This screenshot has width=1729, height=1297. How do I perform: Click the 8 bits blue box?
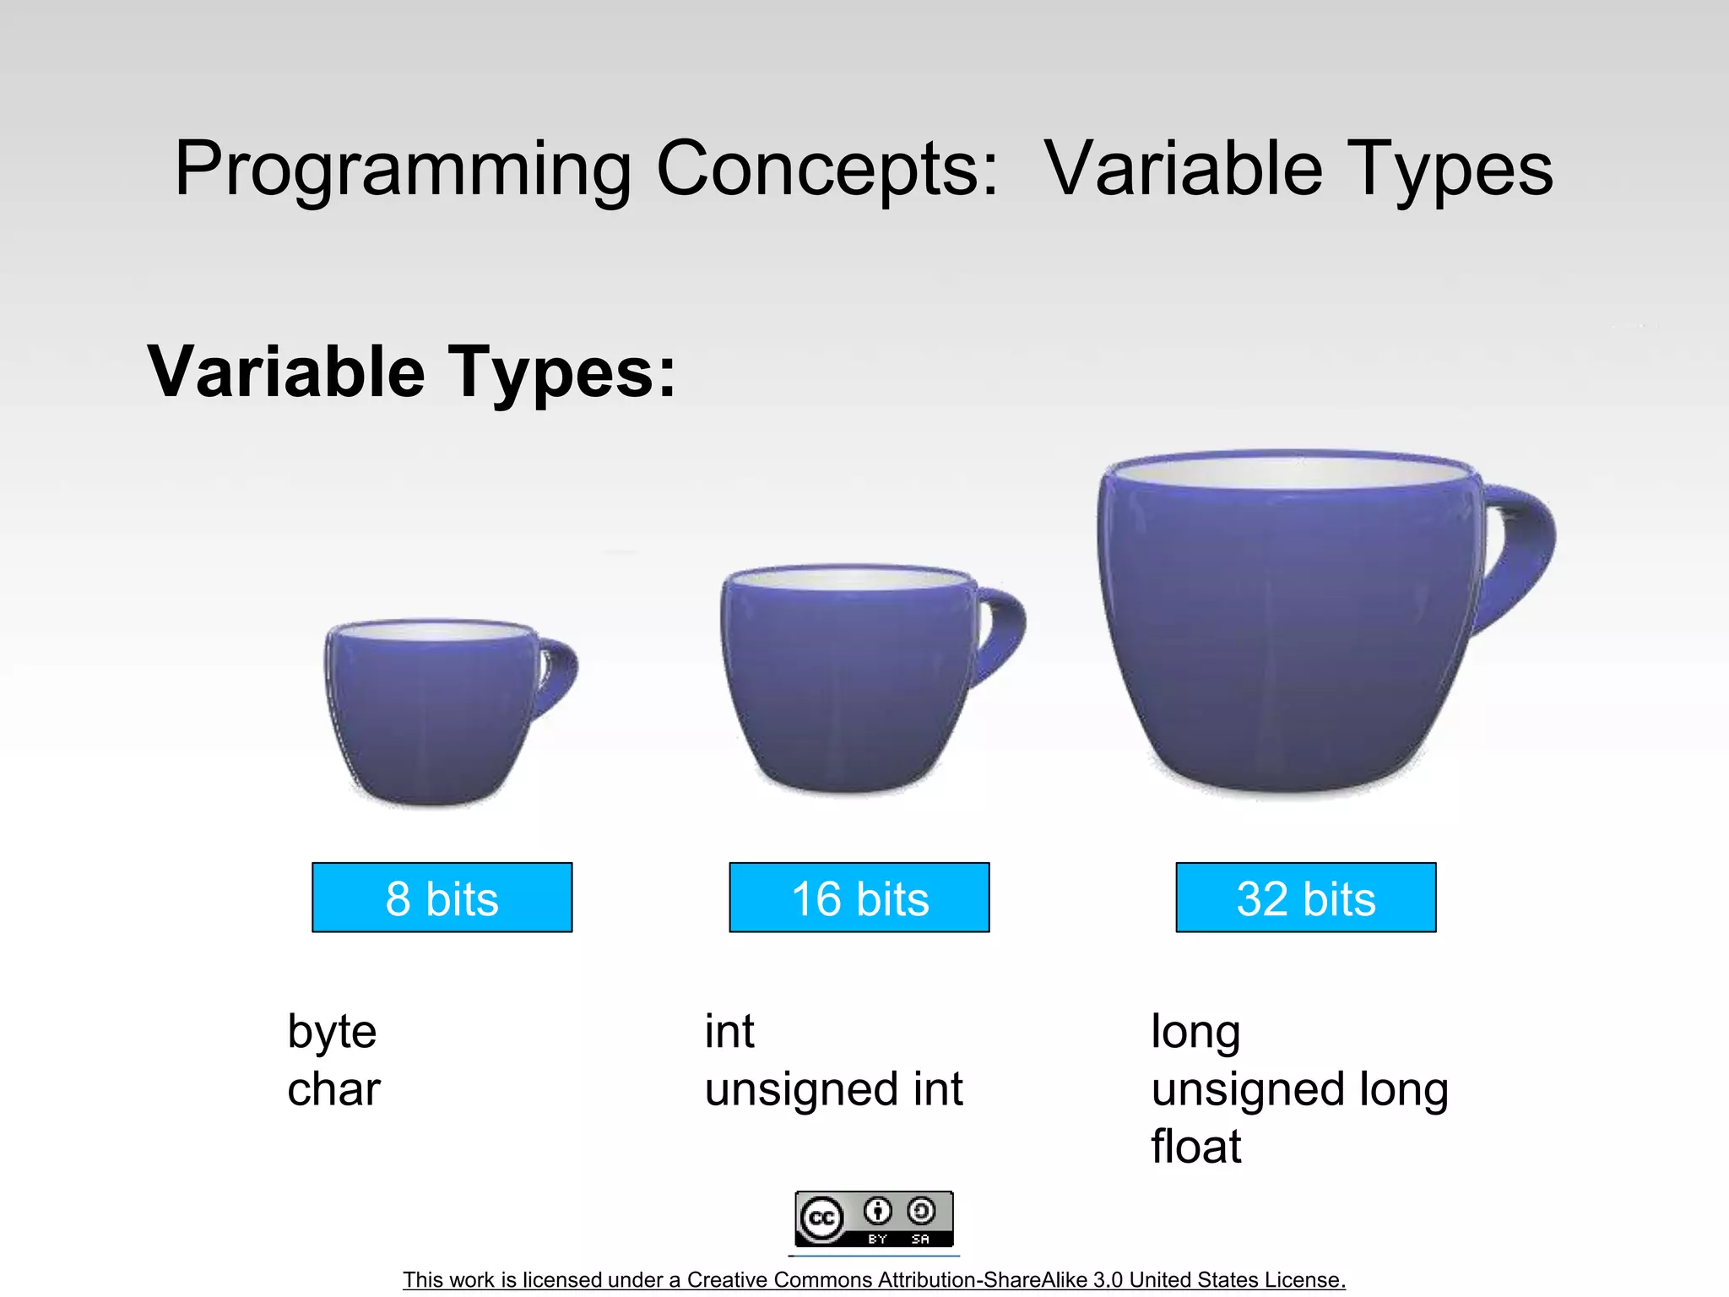442,898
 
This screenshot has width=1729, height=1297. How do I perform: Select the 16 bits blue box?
859,898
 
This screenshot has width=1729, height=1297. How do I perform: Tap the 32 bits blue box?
1305,898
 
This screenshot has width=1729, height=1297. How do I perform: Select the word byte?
332,1032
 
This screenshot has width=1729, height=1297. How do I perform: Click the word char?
333,1089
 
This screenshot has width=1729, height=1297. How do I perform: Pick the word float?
1195,1147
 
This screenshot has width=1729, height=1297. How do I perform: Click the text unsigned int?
833,1089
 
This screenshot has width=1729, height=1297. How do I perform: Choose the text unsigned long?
1299,1089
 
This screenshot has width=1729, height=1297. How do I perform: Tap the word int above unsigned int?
729,1032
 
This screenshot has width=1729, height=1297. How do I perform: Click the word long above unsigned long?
1195,1032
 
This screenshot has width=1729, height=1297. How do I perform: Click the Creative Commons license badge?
874,1218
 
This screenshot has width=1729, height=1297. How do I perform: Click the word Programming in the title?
402,169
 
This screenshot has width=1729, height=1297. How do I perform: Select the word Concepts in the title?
827,169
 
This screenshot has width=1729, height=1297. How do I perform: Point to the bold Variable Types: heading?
412,372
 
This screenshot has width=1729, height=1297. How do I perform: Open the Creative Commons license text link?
874,1279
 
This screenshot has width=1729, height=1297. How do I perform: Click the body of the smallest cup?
431,718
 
